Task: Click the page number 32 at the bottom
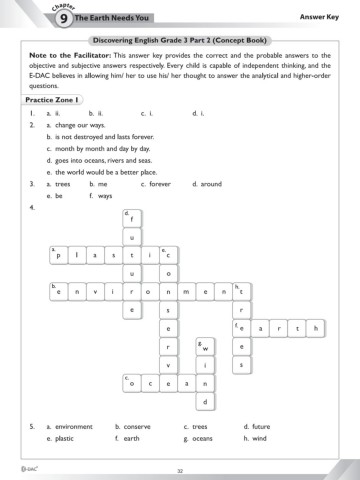point(180,467)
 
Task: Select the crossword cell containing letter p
point(60,228)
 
